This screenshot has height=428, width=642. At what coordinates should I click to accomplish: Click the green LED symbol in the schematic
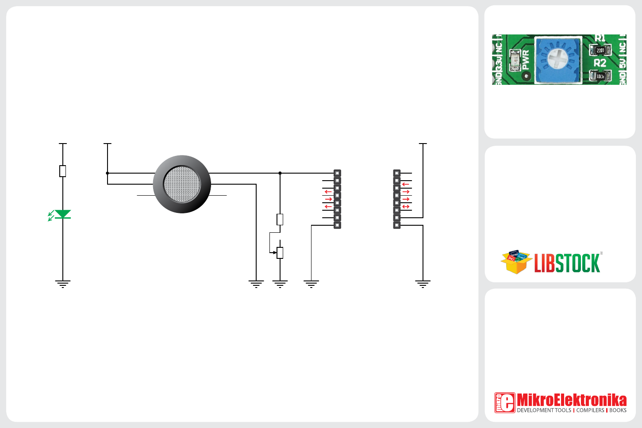coord(62,215)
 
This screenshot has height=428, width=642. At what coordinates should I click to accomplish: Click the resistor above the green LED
coord(63,171)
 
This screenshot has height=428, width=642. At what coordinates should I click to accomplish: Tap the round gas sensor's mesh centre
coord(182,184)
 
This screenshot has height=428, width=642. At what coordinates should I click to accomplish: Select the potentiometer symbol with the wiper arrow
coord(280,253)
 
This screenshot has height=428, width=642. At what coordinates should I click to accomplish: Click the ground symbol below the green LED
coord(63,284)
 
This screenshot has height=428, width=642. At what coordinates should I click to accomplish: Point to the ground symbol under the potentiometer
coord(280,284)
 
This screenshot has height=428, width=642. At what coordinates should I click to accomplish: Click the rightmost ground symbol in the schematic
coord(423,284)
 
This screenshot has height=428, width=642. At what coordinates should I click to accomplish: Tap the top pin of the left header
coord(337,173)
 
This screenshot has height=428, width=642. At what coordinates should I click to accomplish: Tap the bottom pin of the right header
coord(397,225)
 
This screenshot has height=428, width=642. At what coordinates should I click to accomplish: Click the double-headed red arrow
coord(406,206)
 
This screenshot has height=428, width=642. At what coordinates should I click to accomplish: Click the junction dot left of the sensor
coord(108,173)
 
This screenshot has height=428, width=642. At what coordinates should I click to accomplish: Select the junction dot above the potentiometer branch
coord(280,173)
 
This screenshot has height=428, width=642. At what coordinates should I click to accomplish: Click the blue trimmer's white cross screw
coord(558,59)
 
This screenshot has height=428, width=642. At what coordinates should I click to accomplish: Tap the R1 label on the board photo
coord(600,38)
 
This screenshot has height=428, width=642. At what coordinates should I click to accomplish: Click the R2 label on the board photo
coord(600,63)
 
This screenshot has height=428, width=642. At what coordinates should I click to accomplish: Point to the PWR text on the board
coord(526,60)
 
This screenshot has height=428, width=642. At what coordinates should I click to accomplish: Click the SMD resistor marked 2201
coord(600,50)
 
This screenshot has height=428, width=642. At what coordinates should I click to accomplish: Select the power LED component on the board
coord(515,61)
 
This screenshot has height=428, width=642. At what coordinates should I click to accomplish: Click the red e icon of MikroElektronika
coord(505,402)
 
